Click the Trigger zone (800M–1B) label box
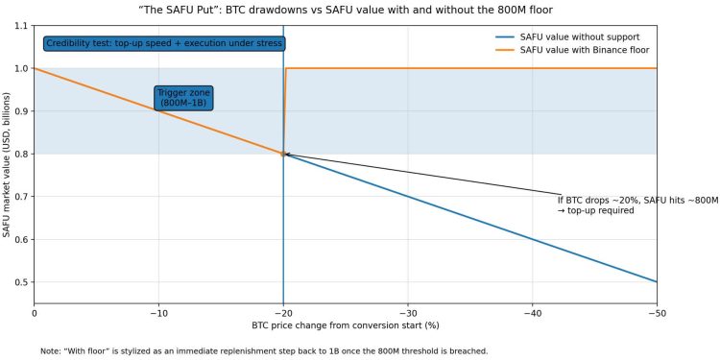(x=183, y=97)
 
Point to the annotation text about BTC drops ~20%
(x=637, y=204)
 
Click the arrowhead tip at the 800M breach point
(x=284, y=154)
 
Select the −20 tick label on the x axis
(x=283, y=313)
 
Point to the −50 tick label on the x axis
(x=657, y=313)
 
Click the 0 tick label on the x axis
(x=35, y=313)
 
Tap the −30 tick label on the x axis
(x=408, y=313)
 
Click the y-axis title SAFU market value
(x=8, y=164)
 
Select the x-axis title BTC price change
(x=346, y=326)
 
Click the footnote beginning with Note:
(x=264, y=350)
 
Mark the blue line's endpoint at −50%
(x=657, y=282)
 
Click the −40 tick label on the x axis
(x=533, y=313)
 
